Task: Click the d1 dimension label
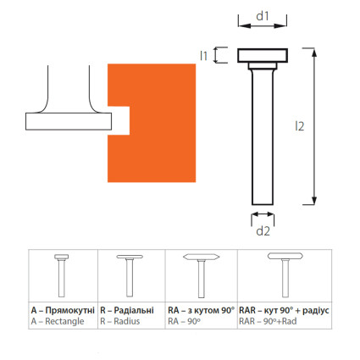(x=263, y=16)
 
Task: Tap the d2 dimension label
(x=263, y=231)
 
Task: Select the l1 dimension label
(x=203, y=55)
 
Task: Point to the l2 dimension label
(x=300, y=126)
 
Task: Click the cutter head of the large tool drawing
(x=263, y=55)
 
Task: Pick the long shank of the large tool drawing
(x=263, y=137)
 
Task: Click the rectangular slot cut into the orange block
(x=119, y=120)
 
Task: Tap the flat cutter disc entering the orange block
(x=69, y=121)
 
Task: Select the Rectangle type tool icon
(x=62, y=275)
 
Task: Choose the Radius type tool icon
(x=130, y=276)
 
